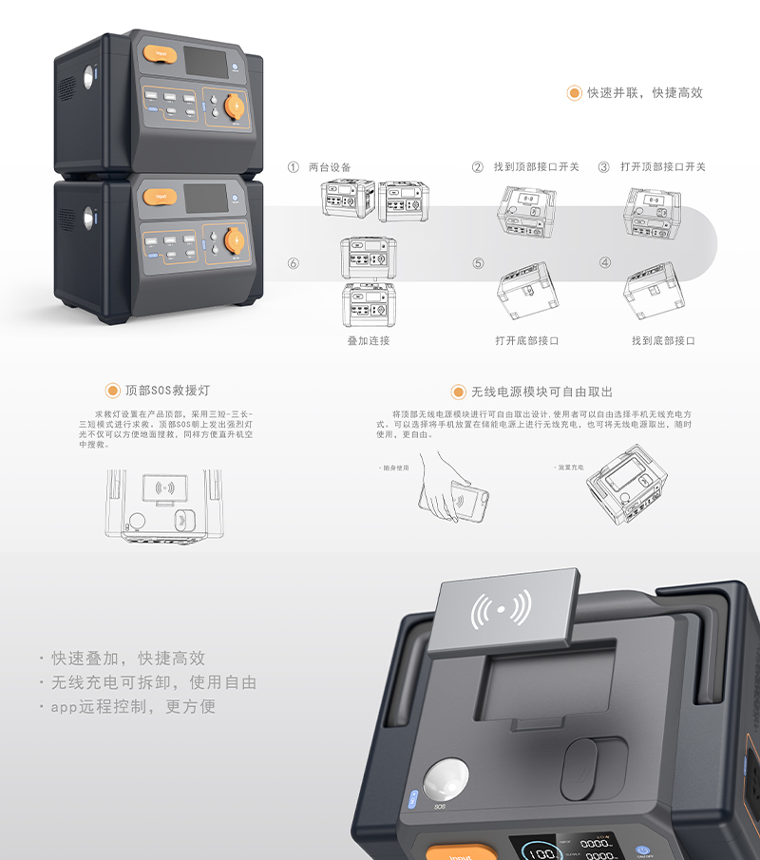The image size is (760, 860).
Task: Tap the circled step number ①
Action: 294,167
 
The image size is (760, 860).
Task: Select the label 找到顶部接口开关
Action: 536,167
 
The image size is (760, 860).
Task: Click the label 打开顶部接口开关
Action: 663,167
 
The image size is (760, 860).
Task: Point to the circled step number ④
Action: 605,263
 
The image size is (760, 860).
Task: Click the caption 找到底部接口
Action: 663,340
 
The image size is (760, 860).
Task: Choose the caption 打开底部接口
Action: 526,340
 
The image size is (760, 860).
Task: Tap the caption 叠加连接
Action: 368,340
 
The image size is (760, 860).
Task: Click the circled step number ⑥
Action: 294,263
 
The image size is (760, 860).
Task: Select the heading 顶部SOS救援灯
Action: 167,391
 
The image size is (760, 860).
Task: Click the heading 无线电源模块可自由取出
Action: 541,392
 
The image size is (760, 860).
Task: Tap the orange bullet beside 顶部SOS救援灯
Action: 113,391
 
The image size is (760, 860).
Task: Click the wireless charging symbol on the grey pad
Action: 502,610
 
